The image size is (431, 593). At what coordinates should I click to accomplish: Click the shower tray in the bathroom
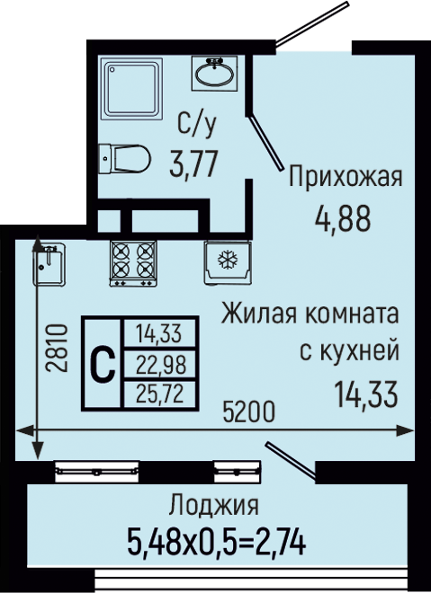[131, 89]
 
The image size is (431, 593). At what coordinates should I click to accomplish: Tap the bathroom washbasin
[214, 73]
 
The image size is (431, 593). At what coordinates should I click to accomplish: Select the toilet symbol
[124, 158]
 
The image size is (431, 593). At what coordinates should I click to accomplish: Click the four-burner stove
[133, 263]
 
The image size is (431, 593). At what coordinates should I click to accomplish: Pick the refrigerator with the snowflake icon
[228, 262]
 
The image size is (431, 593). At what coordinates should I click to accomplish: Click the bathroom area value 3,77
[193, 164]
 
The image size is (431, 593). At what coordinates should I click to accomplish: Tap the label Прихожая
[345, 177]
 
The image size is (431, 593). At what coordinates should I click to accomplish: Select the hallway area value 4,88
[343, 219]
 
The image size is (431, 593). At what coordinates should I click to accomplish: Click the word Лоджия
[214, 505]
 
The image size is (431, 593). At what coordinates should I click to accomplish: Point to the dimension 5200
[248, 412]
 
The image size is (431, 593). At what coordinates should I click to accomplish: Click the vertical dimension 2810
[57, 348]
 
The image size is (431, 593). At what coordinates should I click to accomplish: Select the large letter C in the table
[103, 364]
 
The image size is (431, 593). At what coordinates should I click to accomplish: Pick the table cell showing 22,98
[160, 365]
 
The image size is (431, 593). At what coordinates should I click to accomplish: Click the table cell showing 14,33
[160, 334]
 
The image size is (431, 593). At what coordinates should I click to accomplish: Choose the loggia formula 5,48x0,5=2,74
[216, 543]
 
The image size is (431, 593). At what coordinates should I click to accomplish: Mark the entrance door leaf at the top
[311, 24]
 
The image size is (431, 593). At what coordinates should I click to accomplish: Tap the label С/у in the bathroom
[197, 124]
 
